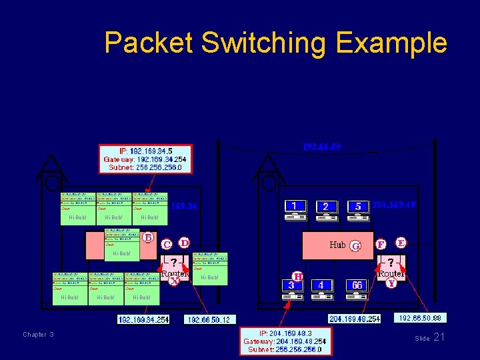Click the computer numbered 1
(295, 210)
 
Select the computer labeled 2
(326, 210)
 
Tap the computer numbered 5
(358, 210)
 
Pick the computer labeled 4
(322, 289)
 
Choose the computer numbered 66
(357, 289)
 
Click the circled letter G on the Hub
(355, 246)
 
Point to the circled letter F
(381, 245)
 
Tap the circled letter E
(401, 242)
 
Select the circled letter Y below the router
(392, 283)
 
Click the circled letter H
(298, 275)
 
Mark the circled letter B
(148, 237)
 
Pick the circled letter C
(167, 245)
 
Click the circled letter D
(183, 242)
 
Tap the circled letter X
(174, 281)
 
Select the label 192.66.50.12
(209, 320)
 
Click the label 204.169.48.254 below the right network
(355, 319)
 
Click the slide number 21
(439, 337)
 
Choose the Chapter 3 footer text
(38, 335)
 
